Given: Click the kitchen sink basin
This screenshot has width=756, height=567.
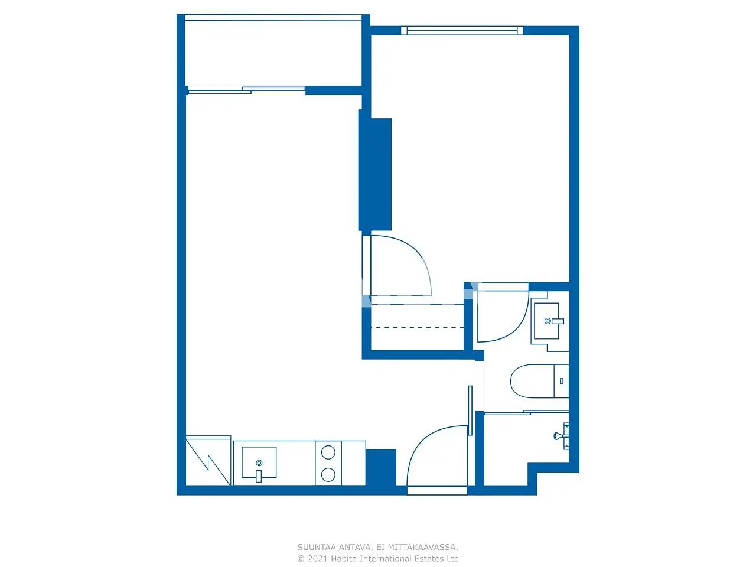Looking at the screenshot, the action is coord(259,462).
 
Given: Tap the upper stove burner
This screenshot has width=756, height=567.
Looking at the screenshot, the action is coord(328,452).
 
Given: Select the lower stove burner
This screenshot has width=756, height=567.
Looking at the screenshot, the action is coord(328,475).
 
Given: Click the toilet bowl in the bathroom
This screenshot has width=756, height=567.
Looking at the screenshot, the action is coord(532,381).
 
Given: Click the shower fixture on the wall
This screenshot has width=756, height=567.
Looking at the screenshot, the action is coord(562,436).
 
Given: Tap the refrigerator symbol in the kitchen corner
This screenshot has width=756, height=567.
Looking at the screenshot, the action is coord(208,461).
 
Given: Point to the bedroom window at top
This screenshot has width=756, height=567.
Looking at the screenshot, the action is coord(462,31).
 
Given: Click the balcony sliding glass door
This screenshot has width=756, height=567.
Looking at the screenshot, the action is coord(246,90).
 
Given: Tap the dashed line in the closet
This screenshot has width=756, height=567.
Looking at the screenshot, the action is coord(418,327).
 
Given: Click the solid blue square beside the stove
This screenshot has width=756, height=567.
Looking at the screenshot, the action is coord(380,468).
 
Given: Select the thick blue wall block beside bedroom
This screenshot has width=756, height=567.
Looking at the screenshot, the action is coord(374,174).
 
